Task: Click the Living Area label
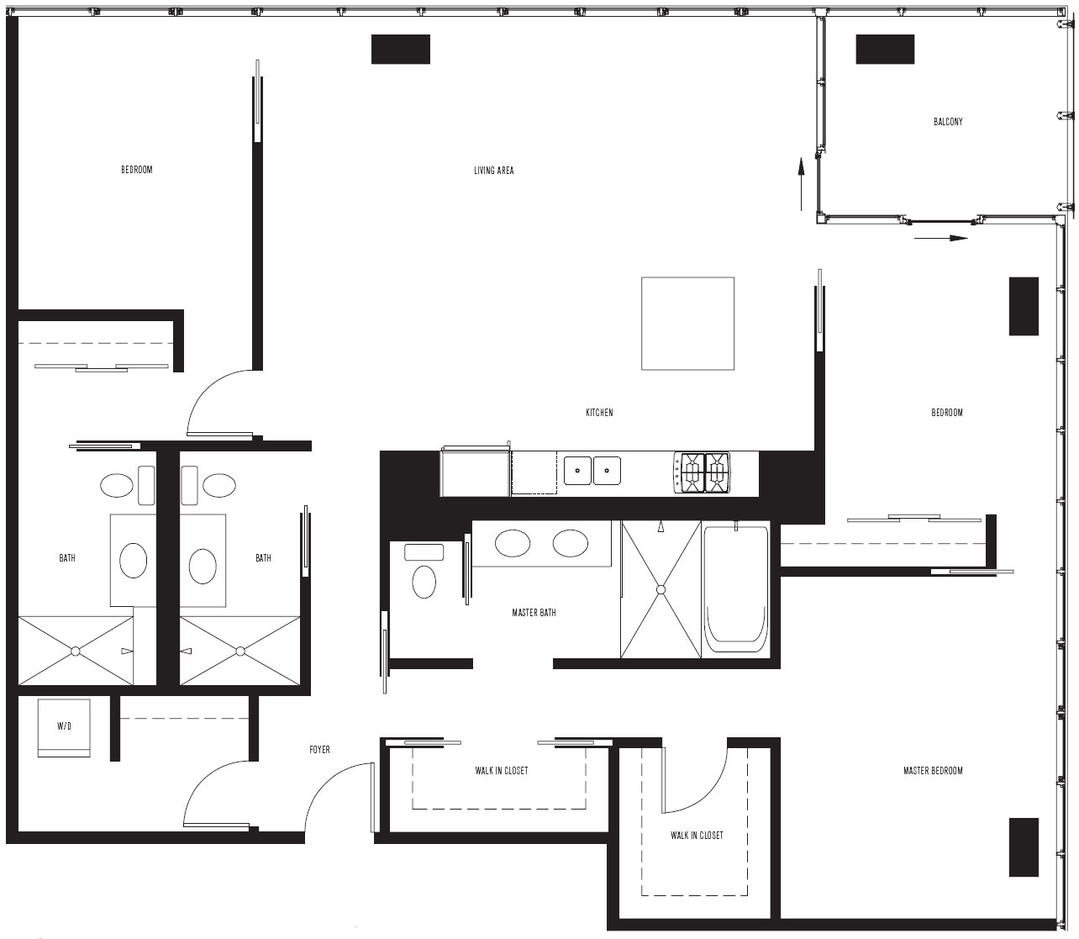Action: point(493,171)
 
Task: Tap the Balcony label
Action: point(948,122)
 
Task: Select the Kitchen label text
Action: point(599,413)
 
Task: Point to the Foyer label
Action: point(319,750)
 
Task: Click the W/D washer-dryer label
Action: point(64,726)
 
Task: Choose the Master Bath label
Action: point(534,613)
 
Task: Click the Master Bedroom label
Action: point(933,771)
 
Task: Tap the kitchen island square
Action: point(687,324)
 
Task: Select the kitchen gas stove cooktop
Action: point(703,473)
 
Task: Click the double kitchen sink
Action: point(592,471)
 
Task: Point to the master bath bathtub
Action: point(735,589)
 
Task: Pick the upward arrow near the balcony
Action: point(801,184)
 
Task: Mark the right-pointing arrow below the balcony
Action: point(941,238)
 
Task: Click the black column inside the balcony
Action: point(885,50)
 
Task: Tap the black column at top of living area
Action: point(401,50)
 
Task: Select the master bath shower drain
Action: point(661,590)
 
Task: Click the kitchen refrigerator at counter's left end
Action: point(475,471)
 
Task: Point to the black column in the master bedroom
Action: point(1024,847)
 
